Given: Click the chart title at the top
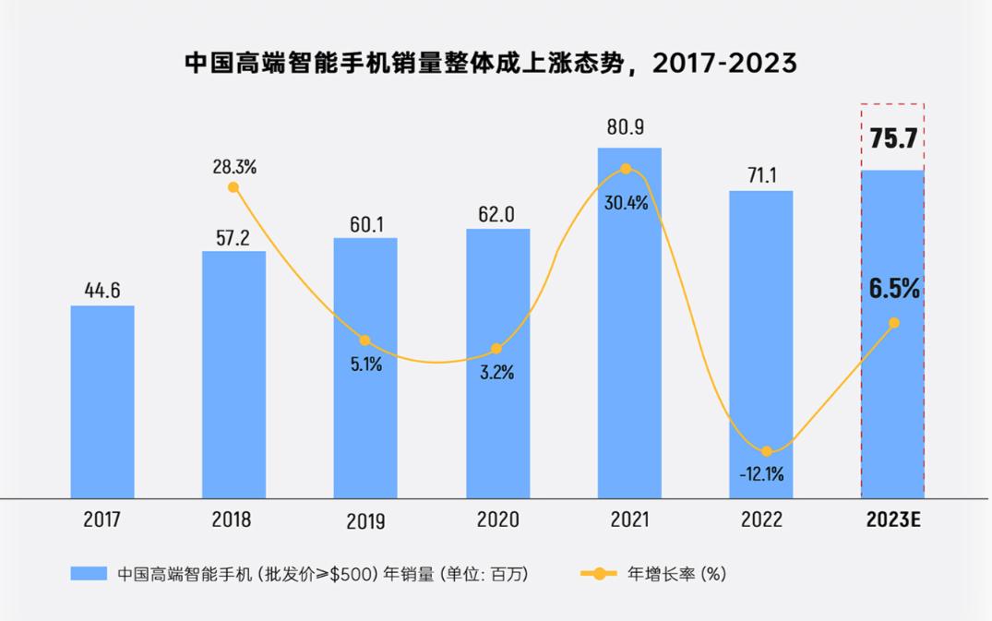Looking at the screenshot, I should coord(490,64).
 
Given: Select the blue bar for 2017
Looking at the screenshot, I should coord(102,401).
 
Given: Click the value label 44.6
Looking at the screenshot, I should coord(102,291).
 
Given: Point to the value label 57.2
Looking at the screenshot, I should coord(233,236).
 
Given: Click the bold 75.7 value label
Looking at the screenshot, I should coord(892,140).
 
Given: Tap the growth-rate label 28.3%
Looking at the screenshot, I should coord(233,167).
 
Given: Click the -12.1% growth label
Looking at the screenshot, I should coord(761,474).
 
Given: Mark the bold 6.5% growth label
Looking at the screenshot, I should coord(894,289).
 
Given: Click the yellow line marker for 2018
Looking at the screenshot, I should coord(233,187).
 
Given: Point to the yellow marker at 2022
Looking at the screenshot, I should coord(767,451).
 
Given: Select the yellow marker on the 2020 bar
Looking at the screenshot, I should coord(496,349).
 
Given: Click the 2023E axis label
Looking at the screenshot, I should coord(893,520).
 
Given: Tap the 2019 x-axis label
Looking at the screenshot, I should coord(365,521).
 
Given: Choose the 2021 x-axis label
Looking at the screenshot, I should coord(628,520).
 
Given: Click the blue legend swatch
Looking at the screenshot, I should coord(90,574).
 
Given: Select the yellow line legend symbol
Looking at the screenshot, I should coord(599,574).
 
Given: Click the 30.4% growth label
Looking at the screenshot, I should coord(627,204).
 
